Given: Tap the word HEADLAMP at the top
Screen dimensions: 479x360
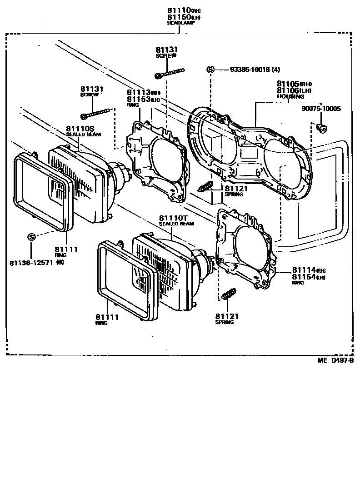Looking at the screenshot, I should coord(180,23).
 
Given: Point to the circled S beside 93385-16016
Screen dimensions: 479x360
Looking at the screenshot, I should coord(210,70).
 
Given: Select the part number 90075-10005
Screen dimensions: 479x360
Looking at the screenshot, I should coord(321,109).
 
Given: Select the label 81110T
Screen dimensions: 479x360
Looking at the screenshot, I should coord(170,219).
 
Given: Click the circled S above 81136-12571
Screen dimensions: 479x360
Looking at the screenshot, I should coord(31,237).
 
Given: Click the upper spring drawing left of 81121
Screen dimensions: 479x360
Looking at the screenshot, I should coord(206,186).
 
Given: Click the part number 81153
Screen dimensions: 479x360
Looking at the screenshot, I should coord(138,99).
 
